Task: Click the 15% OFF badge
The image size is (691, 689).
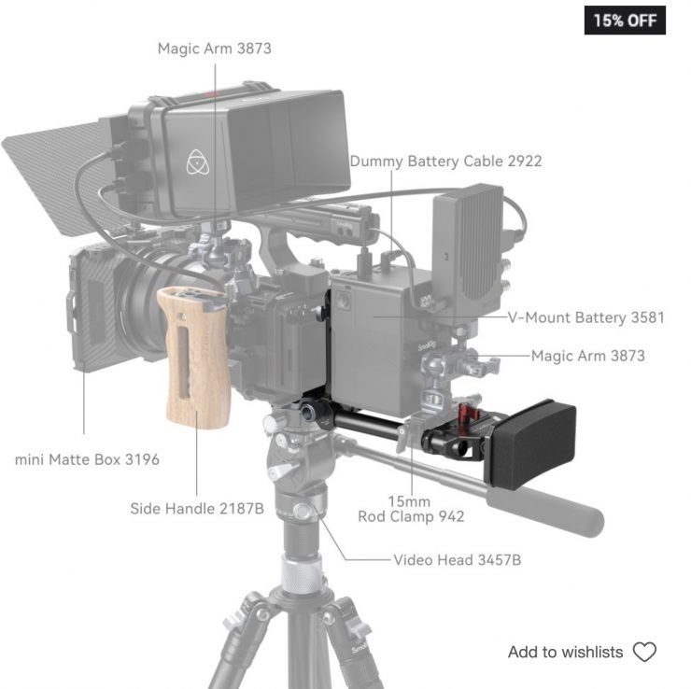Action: click(x=625, y=21)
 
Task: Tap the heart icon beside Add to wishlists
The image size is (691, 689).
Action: click(x=644, y=652)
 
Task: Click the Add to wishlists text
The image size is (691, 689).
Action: click(x=565, y=652)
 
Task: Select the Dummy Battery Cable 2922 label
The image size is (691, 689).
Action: click(x=445, y=162)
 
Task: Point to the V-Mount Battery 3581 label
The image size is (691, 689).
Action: click(x=585, y=317)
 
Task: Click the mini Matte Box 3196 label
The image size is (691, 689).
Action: click(x=87, y=459)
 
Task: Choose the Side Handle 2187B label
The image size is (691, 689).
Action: click(x=197, y=509)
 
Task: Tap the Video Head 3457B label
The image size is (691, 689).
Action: click(x=457, y=560)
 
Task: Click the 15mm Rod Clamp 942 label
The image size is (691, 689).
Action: click(x=411, y=509)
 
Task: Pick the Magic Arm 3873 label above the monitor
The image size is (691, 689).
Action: click(x=214, y=49)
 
